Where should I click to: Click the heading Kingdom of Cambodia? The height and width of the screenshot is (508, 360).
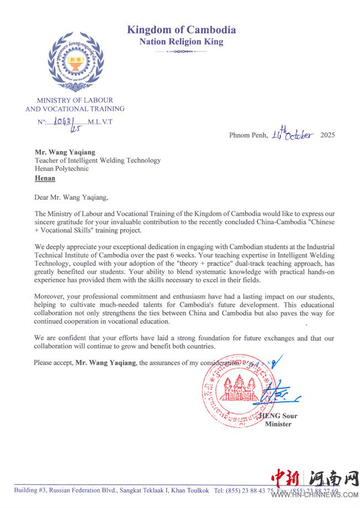tap(181, 30)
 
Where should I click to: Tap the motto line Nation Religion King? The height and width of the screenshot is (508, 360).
tap(181, 42)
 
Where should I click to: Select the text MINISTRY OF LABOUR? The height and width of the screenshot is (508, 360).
tap(75, 100)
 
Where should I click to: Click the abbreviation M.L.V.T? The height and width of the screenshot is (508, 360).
tap(100, 122)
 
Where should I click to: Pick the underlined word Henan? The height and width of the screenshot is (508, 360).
tap(45, 178)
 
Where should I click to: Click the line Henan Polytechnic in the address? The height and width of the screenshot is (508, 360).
tap(61, 169)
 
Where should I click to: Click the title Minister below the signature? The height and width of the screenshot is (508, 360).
tap(278, 424)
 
